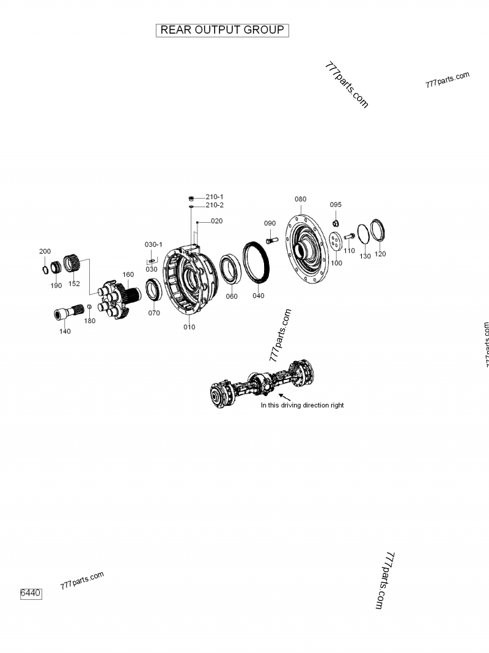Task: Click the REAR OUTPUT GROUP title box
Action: [x=222, y=30]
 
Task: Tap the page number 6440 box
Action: [x=31, y=593]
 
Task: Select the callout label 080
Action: [x=300, y=200]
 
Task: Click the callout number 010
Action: [x=189, y=327]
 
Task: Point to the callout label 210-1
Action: [x=214, y=197]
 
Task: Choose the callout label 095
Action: [x=336, y=204]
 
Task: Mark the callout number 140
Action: [x=65, y=331]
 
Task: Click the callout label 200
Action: [x=45, y=252]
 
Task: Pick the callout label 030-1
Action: [x=153, y=244]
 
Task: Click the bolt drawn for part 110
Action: [x=349, y=236]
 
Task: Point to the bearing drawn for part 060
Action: [x=231, y=269]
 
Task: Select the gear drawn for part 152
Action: [x=73, y=266]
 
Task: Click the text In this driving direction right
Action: [x=302, y=405]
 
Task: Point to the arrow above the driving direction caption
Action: [x=284, y=397]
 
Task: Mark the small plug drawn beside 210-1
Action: [x=191, y=198]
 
